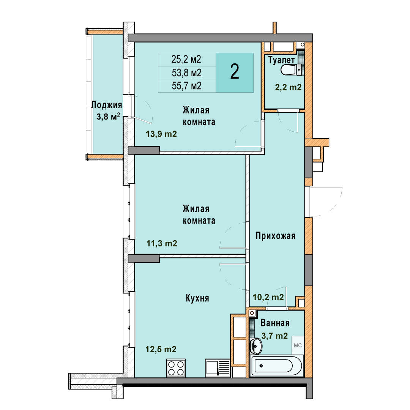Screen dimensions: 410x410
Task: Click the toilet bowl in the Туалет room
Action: (x=291, y=70)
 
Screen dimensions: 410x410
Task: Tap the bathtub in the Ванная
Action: (x=276, y=366)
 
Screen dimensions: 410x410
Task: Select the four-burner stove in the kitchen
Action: (x=176, y=368)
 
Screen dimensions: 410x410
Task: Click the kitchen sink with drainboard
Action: (x=218, y=368)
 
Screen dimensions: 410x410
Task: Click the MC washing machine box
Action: (x=298, y=345)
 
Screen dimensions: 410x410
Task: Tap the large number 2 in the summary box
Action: (x=235, y=72)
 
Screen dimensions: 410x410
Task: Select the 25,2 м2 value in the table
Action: (x=186, y=59)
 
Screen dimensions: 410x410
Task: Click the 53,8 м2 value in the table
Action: (x=186, y=73)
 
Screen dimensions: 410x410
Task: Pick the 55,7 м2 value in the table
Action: (x=186, y=86)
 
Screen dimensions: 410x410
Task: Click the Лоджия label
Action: (x=107, y=105)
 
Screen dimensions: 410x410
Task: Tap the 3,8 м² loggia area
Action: (x=108, y=117)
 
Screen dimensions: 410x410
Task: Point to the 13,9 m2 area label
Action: (x=161, y=134)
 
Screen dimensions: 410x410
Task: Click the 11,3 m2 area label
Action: (x=162, y=243)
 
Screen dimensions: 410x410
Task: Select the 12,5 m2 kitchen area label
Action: (x=161, y=349)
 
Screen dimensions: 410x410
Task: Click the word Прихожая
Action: (x=276, y=236)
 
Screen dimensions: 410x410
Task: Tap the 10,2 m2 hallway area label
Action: (x=268, y=297)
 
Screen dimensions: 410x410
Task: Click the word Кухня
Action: (x=197, y=298)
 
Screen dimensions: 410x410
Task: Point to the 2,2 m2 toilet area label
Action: (x=288, y=87)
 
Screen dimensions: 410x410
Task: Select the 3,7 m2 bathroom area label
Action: (x=274, y=336)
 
